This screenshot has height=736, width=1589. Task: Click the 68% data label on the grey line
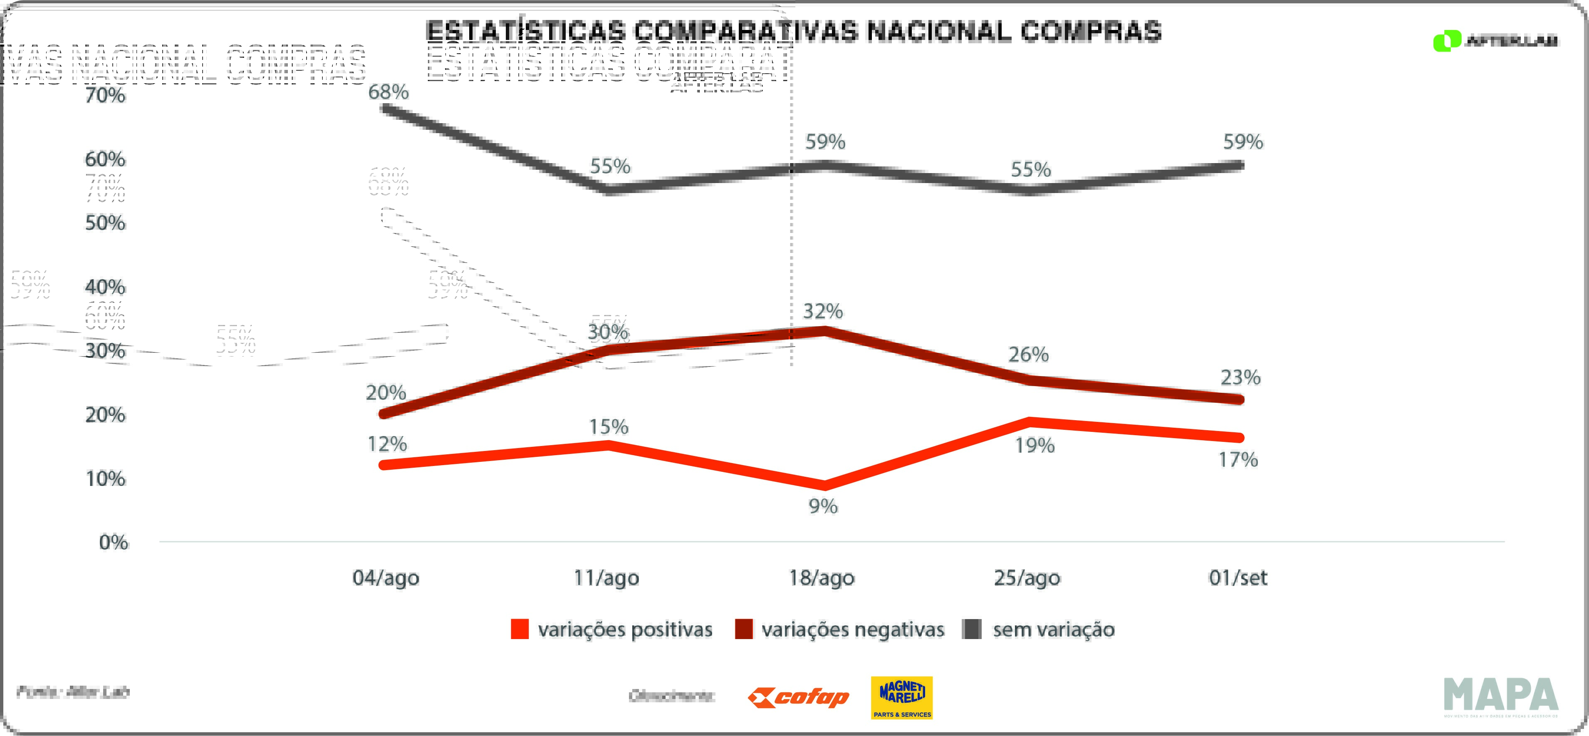(x=388, y=92)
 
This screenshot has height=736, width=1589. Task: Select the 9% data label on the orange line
(x=823, y=506)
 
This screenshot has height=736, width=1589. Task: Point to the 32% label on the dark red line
(x=822, y=312)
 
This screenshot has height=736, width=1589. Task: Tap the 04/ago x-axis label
(x=386, y=578)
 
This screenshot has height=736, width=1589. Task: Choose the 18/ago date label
(x=822, y=578)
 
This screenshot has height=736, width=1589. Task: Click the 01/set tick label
(x=1238, y=578)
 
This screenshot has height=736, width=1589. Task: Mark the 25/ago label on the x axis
(x=1027, y=578)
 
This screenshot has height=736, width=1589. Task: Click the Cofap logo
(x=798, y=698)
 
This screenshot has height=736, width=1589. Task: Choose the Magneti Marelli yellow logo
(x=901, y=698)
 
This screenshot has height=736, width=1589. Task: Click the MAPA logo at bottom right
(x=1500, y=696)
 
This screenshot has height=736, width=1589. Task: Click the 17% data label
(x=1238, y=460)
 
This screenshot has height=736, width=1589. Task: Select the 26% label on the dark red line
(x=1028, y=355)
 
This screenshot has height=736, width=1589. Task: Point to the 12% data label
(x=387, y=444)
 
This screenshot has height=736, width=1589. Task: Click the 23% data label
(x=1240, y=377)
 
